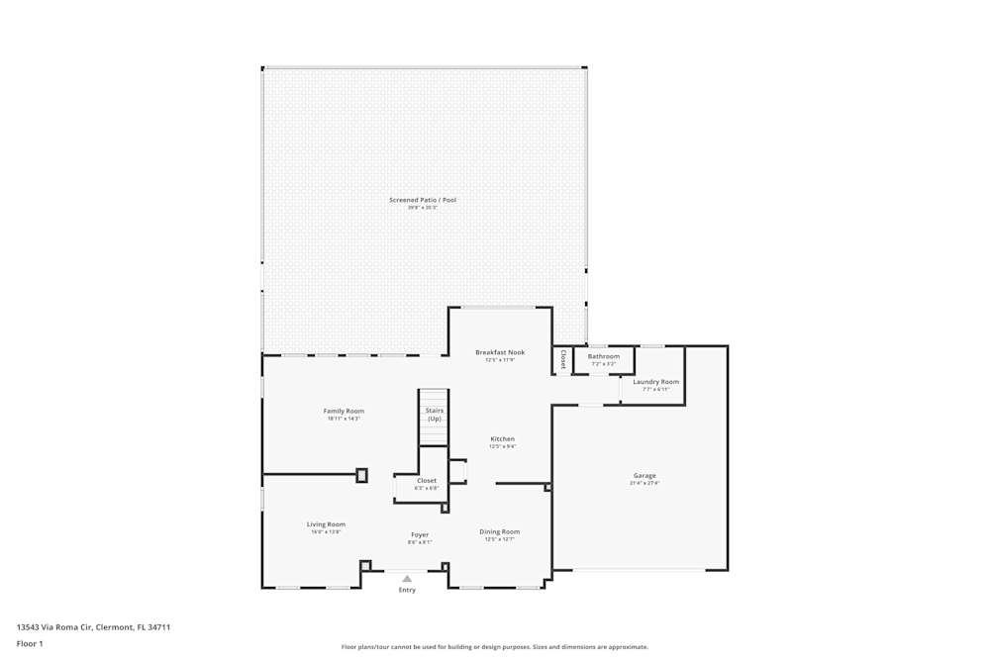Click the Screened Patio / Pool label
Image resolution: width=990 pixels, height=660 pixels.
[x=423, y=200]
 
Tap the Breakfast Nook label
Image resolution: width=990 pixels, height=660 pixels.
[x=500, y=352]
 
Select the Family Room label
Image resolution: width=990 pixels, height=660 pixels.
[x=344, y=411]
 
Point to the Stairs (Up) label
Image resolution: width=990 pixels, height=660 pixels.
[x=435, y=415]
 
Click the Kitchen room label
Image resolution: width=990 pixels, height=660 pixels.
[x=502, y=438]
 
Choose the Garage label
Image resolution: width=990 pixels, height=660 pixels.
[x=644, y=475]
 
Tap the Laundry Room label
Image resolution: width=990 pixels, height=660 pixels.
[x=656, y=381]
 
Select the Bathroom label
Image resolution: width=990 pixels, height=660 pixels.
[x=604, y=356]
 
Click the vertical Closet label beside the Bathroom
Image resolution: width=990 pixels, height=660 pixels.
[x=563, y=359]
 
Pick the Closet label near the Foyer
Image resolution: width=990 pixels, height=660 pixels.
[x=427, y=480]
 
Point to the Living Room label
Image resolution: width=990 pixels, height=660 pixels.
[x=326, y=524]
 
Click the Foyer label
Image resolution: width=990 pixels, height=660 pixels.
[x=420, y=534]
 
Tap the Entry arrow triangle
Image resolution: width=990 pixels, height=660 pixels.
[x=407, y=579]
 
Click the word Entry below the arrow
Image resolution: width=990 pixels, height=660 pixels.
[x=407, y=590]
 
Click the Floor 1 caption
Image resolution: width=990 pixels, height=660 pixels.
[x=30, y=643]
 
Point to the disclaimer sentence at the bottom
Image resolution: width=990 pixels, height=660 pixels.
[x=495, y=647]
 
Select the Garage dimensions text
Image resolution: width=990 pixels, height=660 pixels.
[x=644, y=483]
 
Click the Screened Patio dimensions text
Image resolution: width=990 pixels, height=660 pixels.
[x=423, y=208]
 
